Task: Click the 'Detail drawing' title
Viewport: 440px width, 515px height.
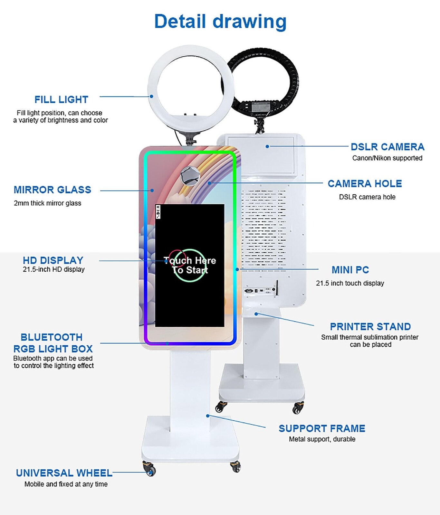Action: [x=220, y=21]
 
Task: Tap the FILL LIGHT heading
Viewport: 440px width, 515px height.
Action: [x=61, y=99]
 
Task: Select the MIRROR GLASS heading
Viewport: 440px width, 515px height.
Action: [x=52, y=190]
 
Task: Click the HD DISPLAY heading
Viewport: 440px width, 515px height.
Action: [x=53, y=260]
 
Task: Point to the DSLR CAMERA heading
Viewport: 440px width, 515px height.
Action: [x=387, y=147]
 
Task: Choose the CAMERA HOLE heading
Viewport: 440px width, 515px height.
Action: [x=365, y=183]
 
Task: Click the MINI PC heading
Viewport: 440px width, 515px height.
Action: [x=350, y=270]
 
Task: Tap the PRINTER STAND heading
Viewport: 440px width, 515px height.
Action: [x=370, y=326]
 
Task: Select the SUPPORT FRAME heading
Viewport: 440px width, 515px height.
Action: [x=322, y=428]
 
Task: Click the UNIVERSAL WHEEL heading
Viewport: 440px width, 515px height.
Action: [x=64, y=473]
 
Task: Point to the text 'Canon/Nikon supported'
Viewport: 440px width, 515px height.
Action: [x=387, y=158]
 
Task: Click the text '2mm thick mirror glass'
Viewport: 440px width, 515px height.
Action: [x=47, y=203]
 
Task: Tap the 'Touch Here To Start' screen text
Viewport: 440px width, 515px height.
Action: [x=190, y=265]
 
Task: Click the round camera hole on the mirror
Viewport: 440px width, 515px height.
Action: [x=190, y=176]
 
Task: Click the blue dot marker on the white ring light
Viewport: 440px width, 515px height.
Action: [x=151, y=96]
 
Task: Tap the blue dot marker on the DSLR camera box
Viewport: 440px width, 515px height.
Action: [x=267, y=146]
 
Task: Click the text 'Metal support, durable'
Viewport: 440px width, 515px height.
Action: [x=322, y=439]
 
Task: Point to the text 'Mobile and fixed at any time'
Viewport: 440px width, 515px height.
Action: [x=66, y=484]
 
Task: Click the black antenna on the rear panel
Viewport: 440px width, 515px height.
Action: [x=277, y=287]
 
